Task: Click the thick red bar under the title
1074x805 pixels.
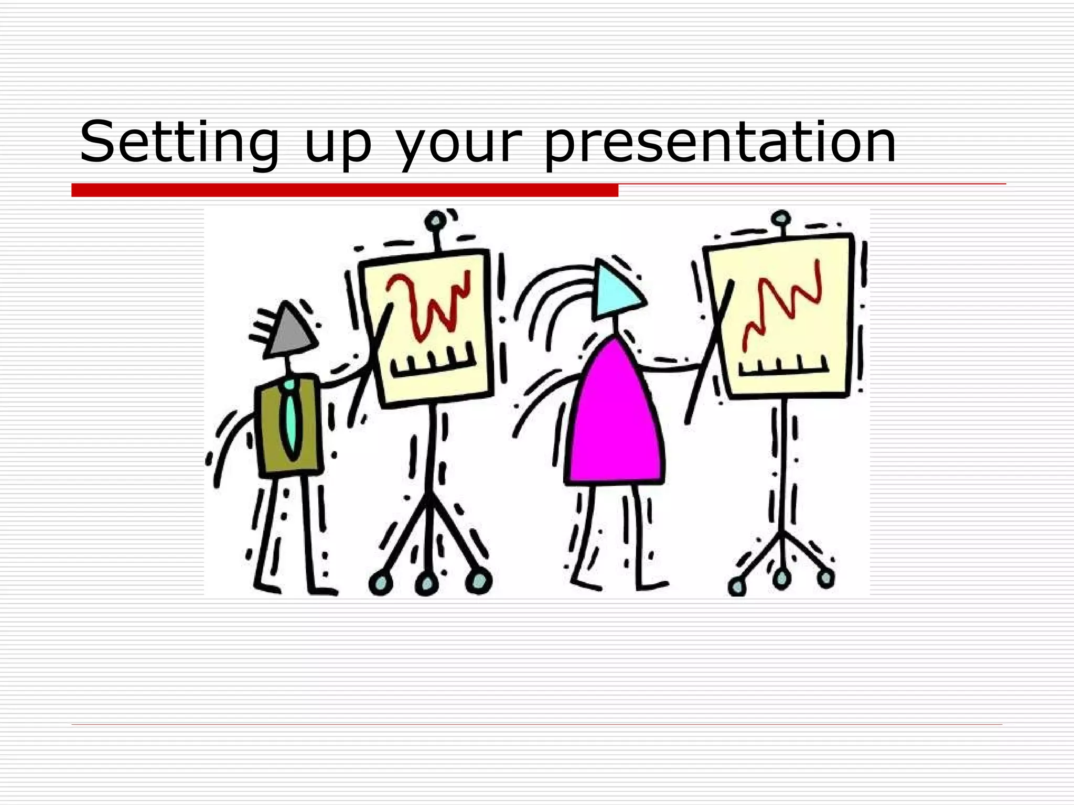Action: [345, 190]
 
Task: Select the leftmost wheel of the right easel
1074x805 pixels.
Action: [737, 586]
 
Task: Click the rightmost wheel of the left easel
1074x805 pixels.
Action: [479, 580]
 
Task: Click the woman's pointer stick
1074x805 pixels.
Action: [708, 356]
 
